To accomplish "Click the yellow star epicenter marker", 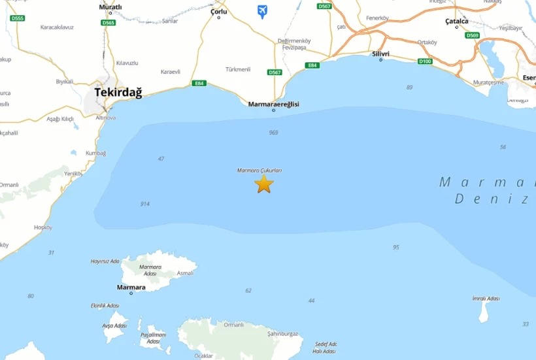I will [263, 184].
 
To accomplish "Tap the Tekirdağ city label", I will [118, 92].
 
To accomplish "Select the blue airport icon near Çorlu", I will [262, 11].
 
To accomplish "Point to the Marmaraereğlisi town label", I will [273, 104].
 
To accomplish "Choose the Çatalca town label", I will [456, 21].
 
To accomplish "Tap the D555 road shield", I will [18, 18].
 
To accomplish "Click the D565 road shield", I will [109, 23].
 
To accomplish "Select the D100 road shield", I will [425, 61].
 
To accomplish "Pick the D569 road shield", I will [472, 35].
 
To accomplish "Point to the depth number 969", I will [273, 133].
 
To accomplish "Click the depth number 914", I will [144, 204].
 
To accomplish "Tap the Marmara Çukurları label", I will [260, 171].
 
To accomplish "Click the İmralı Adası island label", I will [486, 299].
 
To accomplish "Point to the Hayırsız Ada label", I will [105, 261].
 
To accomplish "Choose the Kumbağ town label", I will [95, 153].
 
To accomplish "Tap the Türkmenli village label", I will [238, 69].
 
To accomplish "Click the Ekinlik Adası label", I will [105, 306].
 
